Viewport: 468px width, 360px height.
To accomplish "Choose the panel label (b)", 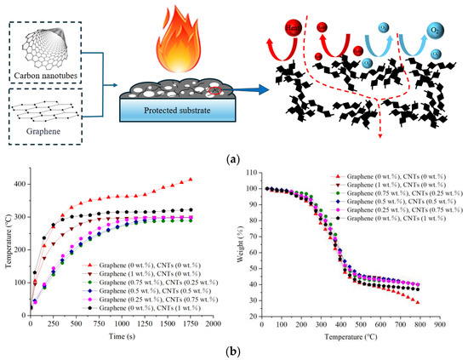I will coord(234,351).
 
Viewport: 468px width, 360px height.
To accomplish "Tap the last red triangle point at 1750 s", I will coord(190,180).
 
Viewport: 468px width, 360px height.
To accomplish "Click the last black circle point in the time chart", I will coord(190,209).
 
